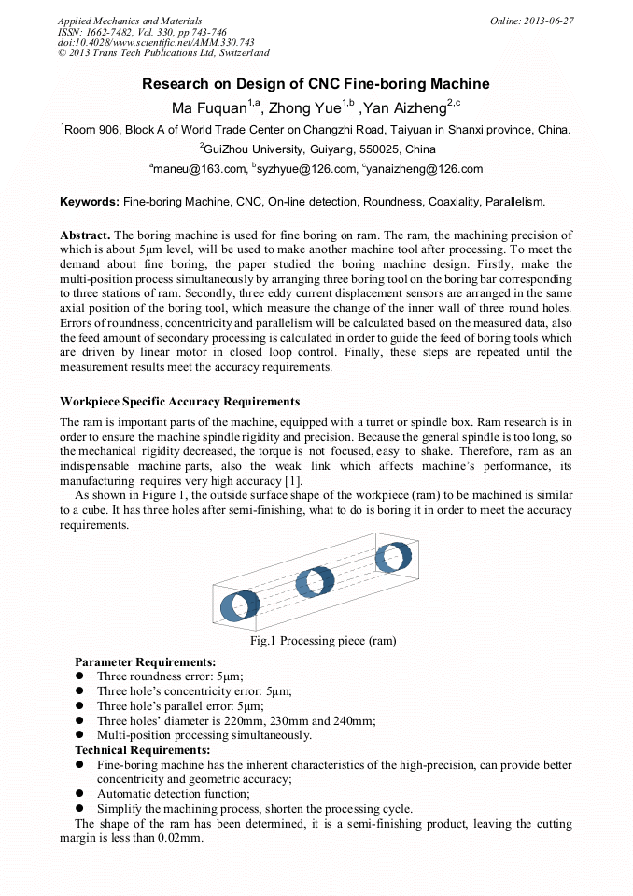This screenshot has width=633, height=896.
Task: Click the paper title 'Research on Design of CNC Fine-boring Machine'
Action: coord(316,84)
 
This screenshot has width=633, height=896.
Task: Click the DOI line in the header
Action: coord(156,42)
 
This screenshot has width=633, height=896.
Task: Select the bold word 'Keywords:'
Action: coord(90,201)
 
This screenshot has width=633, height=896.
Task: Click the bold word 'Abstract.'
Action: coord(85,235)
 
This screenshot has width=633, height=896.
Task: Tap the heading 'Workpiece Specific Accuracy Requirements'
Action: coord(179,402)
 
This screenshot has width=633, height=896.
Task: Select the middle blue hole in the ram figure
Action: coord(315,581)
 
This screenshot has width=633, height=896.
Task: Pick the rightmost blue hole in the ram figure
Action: coord(392,558)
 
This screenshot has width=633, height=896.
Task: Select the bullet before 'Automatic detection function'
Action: coord(80,793)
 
